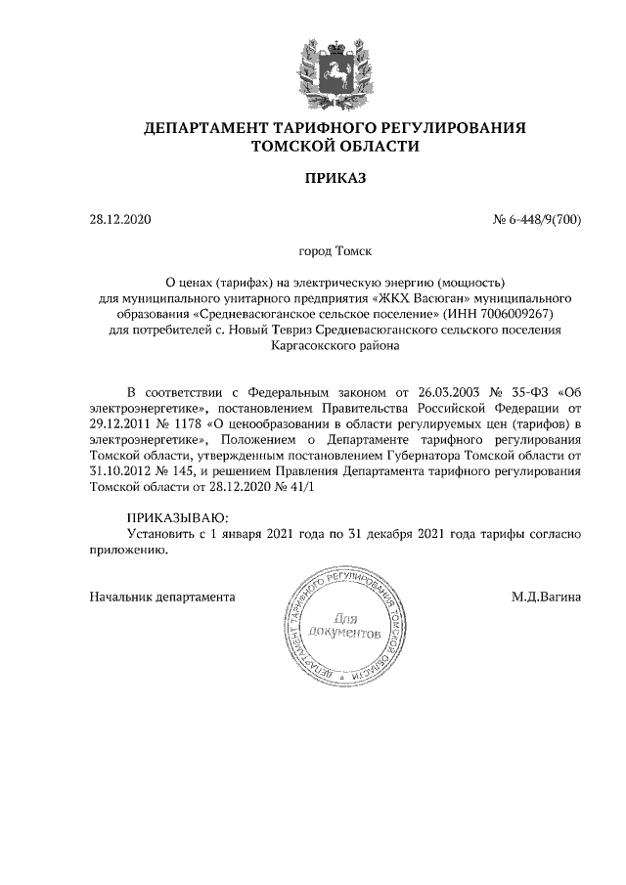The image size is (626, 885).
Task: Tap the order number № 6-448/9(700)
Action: (536, 220)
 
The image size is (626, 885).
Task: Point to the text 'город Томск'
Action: (335, 252)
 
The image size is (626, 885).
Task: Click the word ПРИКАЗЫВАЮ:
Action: (177, 517)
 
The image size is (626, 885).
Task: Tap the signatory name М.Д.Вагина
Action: (546, 596)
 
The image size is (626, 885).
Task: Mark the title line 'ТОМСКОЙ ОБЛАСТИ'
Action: (335, 147)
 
